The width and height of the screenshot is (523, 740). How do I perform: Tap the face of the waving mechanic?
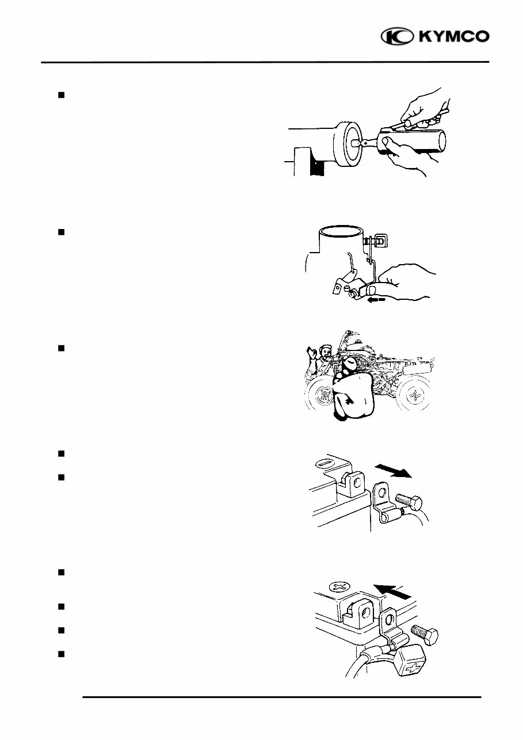tap(325, 350)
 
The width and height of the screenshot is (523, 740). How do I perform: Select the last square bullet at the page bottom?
tap(60, 654)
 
